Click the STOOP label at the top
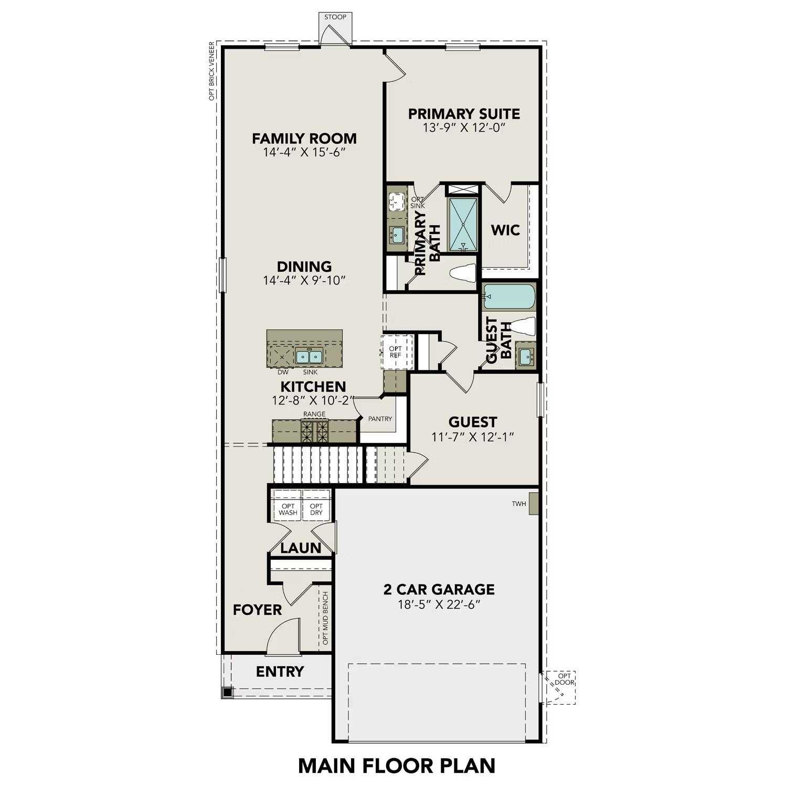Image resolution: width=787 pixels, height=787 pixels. (335, 17)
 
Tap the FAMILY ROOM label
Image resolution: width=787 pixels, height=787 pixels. (304, 139)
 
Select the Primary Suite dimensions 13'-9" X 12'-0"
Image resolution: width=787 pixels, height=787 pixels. (464, 127)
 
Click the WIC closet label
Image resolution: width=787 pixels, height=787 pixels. (505, 230)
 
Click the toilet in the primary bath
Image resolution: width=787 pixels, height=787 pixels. (463, 273)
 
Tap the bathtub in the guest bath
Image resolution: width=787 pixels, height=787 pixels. (509, 296)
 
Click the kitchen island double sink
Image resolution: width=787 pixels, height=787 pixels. (309, 357)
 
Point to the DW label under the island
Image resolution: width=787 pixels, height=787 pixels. (283, 372)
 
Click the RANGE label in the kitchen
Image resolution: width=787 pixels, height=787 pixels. (314, 414)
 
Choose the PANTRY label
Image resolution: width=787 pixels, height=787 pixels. (380, 419)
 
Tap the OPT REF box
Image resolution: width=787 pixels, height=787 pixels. (395, 352)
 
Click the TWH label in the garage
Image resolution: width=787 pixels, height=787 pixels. (519, 504)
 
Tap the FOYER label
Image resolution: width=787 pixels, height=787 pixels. (257, 610)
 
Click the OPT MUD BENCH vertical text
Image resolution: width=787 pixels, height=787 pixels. (325, 619)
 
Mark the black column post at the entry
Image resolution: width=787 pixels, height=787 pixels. (227, 692)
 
